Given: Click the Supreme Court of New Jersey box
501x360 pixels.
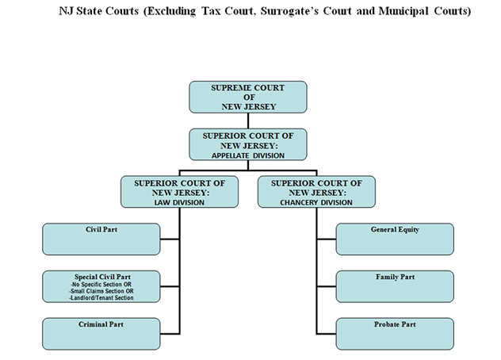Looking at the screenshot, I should pos(247,96).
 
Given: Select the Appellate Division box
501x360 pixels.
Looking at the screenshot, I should pos(247,145).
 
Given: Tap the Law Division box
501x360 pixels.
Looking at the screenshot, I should pos(179,193).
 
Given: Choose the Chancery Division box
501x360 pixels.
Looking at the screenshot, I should pos(316,193).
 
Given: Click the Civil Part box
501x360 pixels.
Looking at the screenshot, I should pos(101,239).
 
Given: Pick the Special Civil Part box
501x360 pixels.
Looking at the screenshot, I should pos(101,286).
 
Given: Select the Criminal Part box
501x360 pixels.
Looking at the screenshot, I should pos(101,334).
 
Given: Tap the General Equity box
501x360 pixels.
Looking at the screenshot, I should pos(395,239).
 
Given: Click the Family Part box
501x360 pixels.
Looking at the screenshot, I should pos(395,286).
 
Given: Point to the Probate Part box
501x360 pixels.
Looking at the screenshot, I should pos(395,334).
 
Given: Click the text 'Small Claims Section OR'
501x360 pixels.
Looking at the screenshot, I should pos(101,291).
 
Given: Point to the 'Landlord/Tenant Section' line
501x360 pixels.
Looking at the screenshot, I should pos(101,298).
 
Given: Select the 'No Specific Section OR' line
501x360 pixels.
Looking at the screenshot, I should pos(101,284).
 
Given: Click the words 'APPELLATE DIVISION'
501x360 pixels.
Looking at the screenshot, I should pos(247,155).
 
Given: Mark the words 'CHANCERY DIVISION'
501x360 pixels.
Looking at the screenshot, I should pos(316,203).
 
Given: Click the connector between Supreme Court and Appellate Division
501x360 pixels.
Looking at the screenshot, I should pos(247,121).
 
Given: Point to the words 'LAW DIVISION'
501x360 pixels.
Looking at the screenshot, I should pos(179,203).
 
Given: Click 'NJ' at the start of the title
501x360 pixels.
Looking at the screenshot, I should pos(67,12).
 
